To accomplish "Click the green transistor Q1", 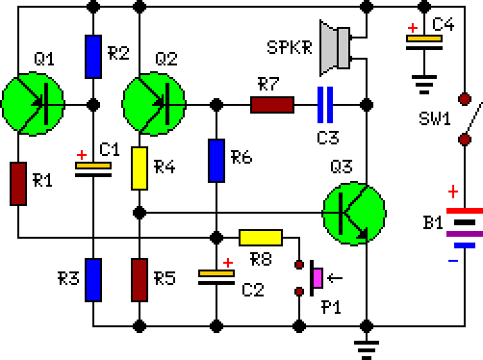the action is [x=33, y=104].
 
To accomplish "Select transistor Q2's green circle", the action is [x=154, y=104].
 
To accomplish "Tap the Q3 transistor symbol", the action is [x=354, y=214].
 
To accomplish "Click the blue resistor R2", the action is [x=93, y=57].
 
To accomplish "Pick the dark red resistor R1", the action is [x=18, y=184].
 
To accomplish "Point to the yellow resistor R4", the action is [x=140, y=168].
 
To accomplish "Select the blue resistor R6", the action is [x=216, y=161].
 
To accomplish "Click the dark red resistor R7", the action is [x=272, y=105].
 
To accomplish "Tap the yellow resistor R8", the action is [x=261, y=238].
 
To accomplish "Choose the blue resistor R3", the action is [x=93, y=280].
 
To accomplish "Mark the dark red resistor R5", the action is [x=140, y=280].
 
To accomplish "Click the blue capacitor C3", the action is [x=325, y=105].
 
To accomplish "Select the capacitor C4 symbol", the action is [x=424, y=43].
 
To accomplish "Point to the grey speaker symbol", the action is [x=335, y=48].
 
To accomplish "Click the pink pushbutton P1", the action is [x=317, y=278].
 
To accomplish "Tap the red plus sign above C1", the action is [x=82, y=155].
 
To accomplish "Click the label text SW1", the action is [x=435, y=118].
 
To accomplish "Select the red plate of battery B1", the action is [x=465, y=211].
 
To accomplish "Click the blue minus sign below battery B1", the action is [x=453, y=261].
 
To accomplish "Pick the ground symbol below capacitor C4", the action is [x=424, y=85].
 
